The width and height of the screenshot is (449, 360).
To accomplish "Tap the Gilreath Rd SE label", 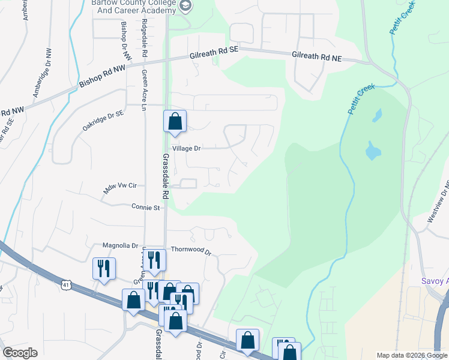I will click(214, 53).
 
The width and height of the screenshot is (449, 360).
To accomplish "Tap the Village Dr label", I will click(186, 148).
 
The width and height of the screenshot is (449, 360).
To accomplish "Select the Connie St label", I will click(146, 208).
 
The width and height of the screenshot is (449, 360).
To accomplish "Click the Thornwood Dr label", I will click(191, 250).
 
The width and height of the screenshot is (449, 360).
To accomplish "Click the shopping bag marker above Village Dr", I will click(175, 122).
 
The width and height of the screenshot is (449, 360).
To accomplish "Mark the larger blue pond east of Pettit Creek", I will click(372, 151).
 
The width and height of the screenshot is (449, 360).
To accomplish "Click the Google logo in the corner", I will click(20, 353).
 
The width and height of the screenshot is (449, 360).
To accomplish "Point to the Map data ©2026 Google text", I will click(412, 355).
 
